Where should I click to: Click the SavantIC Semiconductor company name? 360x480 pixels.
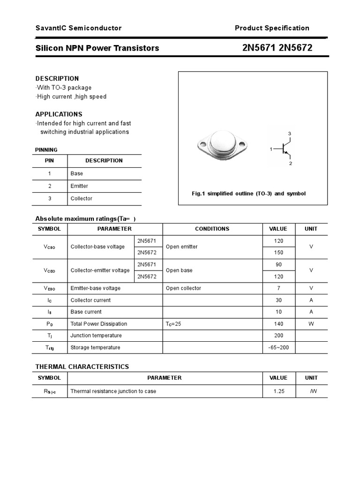78,28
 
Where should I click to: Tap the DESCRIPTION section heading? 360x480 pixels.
57,78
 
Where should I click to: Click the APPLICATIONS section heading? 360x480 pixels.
59,114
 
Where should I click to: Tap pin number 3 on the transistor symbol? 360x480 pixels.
290,134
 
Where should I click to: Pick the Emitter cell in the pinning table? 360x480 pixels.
79,186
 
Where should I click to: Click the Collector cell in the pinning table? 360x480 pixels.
81,199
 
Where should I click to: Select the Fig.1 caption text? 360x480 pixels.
249,194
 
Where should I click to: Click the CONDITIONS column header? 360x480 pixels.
212,229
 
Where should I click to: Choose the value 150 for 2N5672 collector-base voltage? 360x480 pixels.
278,253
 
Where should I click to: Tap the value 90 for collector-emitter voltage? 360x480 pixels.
278,265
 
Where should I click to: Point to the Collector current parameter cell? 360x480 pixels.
90,300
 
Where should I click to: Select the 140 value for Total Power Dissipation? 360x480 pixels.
278,324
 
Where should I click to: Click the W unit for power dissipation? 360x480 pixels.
311,324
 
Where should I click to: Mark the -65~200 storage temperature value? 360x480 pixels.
278,347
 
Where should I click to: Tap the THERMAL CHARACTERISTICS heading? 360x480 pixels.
82,367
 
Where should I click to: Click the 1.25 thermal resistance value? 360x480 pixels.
278,391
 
